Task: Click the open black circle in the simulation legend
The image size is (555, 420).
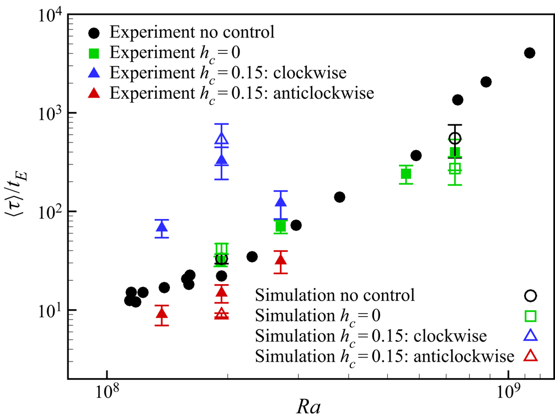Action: click(x=530, y=295)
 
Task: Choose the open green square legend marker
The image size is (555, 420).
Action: click(x=530, y=316)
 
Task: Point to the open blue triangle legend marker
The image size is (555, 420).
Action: click(x=530, y=336)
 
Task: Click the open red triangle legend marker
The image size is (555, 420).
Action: click(x=530, y=356)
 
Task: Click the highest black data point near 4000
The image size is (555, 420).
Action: click(x=530, y=53)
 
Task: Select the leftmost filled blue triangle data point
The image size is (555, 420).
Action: click(x=162, y=227)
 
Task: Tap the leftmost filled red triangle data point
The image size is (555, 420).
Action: click(x=162, y=314)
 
